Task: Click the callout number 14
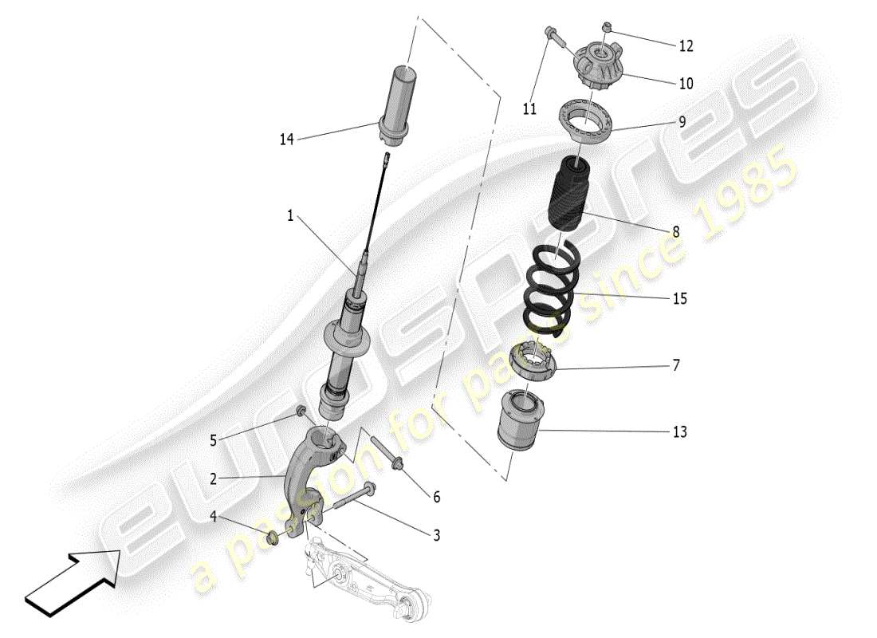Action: pyautogui.click(x=286, y=140)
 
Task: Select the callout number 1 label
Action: pyautogui.click(x=291, y=215)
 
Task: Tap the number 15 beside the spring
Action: pyautogui.click(x=679, y=299)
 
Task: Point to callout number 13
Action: pyautogui.click(x=679, y=432)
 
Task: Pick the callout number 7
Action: pyautogui.click(x=676, y=366)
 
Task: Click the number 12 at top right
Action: pyautogui.click(x=686, y=46)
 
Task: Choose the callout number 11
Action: pyautogui.click(x=530, y=109)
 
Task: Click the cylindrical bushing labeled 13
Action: pyautogui.click(x=519, y=420)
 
